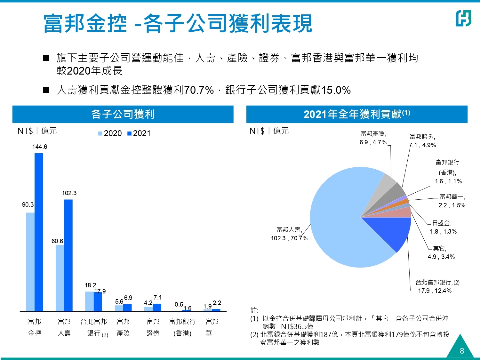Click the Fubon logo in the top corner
point(463,18)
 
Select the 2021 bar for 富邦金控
point(39,232)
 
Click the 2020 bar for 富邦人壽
point(60,278)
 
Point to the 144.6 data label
point(40,147)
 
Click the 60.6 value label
point(57,241)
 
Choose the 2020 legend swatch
point(100,134)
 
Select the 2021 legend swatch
point(129,134)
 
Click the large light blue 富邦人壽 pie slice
point(339,224)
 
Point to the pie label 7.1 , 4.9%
point(422,145)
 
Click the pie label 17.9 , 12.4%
point(435,291)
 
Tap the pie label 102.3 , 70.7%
point(289,238)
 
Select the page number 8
point(462,351)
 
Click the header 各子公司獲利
point(123,114)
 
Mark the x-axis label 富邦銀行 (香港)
point(182,327)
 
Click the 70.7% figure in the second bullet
point(199,90)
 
